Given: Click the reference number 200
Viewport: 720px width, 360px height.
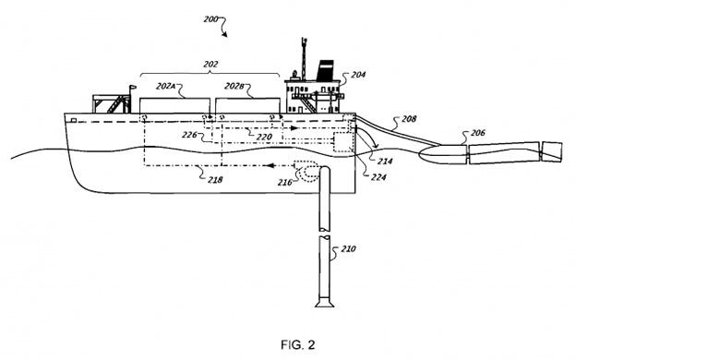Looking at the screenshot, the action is [x=210, y=19].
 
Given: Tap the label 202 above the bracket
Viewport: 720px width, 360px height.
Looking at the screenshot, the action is [x=210, y=65].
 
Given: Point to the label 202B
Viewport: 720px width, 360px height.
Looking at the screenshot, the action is [x=234, y=86].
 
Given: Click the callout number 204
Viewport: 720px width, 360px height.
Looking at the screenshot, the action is [x=358, y=75].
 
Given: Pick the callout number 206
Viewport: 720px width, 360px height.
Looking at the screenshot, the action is [x=477, y=133].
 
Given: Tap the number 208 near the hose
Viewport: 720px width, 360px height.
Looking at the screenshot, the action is [x=409, y=119].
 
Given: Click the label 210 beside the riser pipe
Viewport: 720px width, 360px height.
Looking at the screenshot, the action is [x=348, y=249].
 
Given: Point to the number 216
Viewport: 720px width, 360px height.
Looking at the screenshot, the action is [x=284, y=182].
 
